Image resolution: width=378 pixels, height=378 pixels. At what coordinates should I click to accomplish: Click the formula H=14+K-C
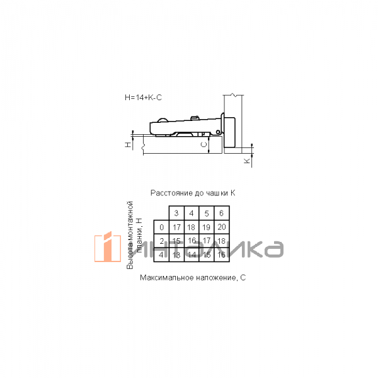(x=144, y=98)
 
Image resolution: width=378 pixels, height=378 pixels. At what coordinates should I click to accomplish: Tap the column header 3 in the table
(x=176, y=214)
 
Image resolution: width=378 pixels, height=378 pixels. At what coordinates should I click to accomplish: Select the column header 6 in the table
(x=221, y=214)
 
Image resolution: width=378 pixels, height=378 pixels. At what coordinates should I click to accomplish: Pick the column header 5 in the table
(x=207, y=214)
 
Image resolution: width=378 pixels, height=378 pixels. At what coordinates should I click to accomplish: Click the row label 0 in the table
(x=161, y=227)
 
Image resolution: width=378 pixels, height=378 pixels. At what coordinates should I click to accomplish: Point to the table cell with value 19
(x=207, y=227)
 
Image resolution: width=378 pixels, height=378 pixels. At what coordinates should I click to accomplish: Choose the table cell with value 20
(x=221, y=227)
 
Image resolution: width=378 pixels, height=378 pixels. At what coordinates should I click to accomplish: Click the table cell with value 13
(x=176, y=255)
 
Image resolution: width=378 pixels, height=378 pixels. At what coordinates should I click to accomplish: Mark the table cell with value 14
(x=192, y=255)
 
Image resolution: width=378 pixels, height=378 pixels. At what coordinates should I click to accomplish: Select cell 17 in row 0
(x=176, y=227)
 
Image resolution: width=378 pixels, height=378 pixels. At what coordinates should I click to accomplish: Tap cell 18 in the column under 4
(x=192, y=227)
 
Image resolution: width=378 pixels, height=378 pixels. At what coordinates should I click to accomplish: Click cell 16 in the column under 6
(x=221, y=255)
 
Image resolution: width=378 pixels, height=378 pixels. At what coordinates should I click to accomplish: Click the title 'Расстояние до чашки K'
(x=192, y=193)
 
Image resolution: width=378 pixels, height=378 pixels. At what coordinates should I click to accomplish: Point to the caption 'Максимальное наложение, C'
(x=192, y=278)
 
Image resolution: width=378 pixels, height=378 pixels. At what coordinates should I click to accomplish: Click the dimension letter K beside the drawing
(x=248, y=161)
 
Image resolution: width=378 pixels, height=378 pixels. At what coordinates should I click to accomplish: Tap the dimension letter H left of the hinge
(x=128, y=145)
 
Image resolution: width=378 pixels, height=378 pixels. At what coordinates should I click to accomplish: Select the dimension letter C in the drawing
(x=203, y=144)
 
